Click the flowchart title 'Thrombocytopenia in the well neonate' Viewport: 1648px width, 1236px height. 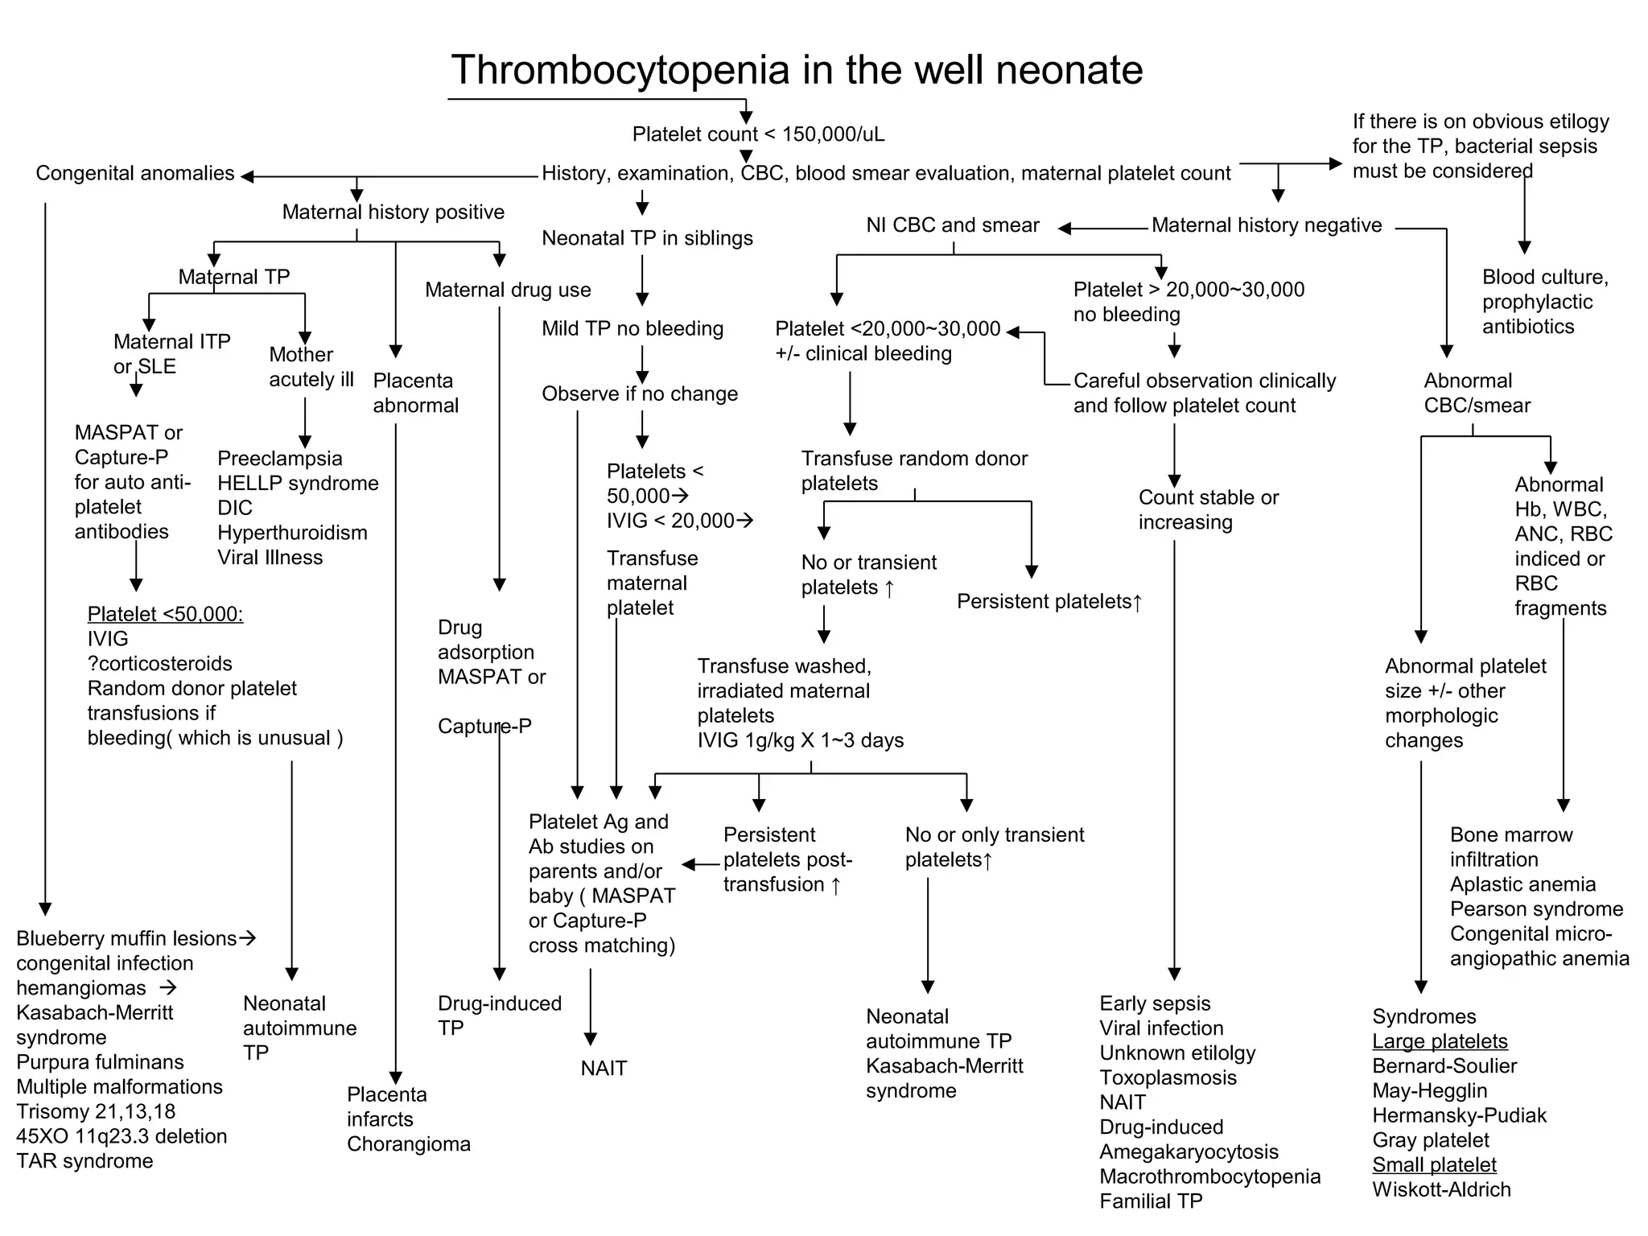coord(797,69)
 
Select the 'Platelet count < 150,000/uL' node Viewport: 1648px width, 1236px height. coord(758,134)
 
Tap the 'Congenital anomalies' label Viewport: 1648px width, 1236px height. coord(135,173)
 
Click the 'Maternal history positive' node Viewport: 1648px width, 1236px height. coord(393,212)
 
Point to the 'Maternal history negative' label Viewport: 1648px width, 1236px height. coord(1267,225)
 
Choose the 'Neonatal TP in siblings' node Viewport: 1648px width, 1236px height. coord(647,238)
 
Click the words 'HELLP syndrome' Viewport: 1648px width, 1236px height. coord(298,483)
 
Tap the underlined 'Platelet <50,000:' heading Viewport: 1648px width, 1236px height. coord(165,614)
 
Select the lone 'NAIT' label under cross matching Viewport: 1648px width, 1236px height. coord(604,1068)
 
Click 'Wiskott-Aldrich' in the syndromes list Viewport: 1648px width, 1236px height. coord(1441,1189)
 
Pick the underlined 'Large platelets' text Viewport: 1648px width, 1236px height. coord(1440,1041)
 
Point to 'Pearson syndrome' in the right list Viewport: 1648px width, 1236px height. coord(1536,909)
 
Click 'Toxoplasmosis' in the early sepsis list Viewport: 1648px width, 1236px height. coord(1168,1077)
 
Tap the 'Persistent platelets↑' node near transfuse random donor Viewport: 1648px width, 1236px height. coord(1049,601)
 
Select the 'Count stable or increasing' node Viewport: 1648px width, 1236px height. coord(1208,509)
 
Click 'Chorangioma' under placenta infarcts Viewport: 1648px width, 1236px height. coord(408,1143)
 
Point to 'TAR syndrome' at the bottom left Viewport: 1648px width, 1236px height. coord(84,1160)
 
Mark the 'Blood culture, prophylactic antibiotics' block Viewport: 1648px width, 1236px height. coord(1544,302)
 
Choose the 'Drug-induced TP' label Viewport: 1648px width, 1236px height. coord(499,1016)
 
